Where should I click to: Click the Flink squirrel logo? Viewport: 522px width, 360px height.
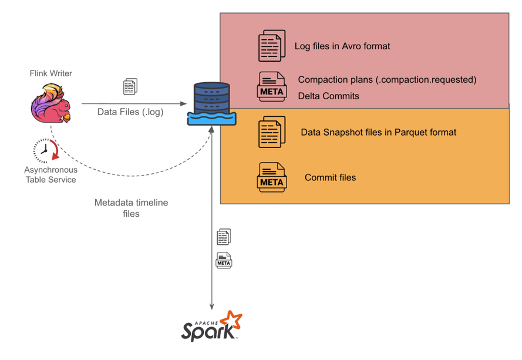point(50,104)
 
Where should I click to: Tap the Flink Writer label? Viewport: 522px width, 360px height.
point(50,73)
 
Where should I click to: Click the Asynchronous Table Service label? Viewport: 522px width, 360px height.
point(50,174)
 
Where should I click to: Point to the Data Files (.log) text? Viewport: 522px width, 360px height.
point(130,112)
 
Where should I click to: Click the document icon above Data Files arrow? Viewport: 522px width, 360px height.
point(130,87)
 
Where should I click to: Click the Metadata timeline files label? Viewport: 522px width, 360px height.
point(131,208)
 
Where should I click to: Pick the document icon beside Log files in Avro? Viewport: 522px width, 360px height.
point(272,46)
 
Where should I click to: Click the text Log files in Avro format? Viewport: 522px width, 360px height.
point(342,46)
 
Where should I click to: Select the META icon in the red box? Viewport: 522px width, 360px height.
point(272,86)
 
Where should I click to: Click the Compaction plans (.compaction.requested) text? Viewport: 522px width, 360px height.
point(387,79)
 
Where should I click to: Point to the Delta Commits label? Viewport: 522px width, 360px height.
point(328,96)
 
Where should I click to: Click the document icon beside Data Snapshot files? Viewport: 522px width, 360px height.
point(272,132)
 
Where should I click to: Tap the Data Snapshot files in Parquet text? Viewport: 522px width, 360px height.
point(378,132)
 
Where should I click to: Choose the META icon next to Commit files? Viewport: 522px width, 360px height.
point(272,177)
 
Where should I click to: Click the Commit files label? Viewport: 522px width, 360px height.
point(330,177)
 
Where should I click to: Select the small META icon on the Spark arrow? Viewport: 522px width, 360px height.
point(224,260)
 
